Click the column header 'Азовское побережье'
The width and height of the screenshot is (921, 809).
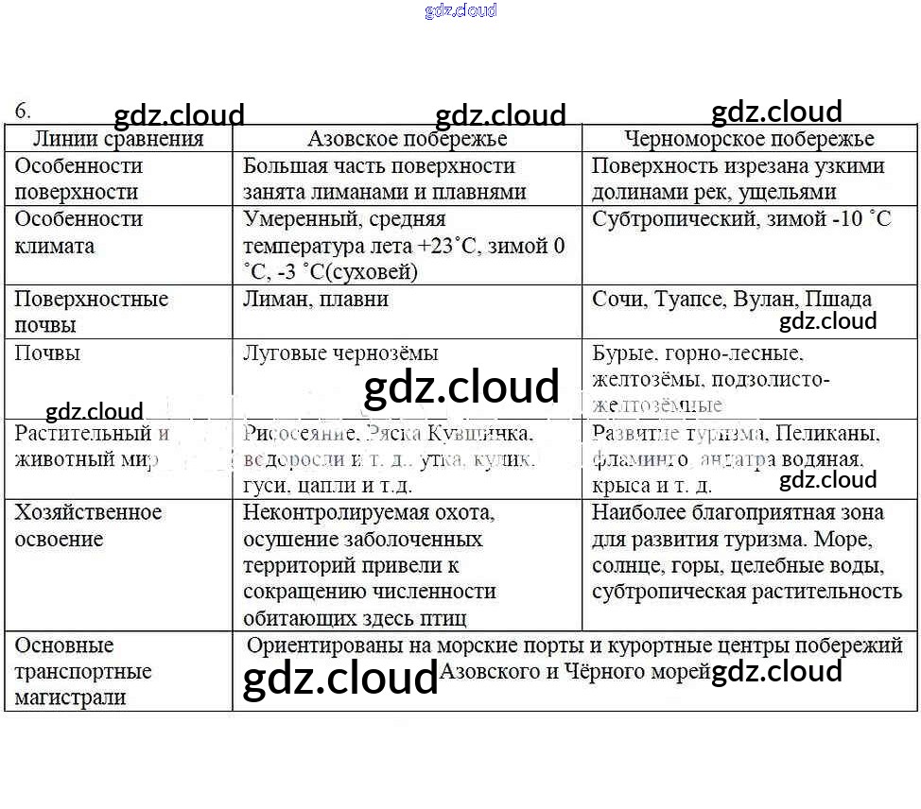407,139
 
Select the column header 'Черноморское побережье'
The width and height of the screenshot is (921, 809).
749,139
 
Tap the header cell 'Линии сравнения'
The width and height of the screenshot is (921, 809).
118,139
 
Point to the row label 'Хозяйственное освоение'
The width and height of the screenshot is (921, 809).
88,525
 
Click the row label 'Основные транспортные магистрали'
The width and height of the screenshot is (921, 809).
83,672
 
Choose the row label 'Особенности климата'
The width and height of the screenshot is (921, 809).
78,232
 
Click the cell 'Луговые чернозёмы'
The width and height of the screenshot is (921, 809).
340,353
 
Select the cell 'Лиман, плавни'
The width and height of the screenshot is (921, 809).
316,299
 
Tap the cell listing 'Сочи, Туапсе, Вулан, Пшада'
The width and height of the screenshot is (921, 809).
732,299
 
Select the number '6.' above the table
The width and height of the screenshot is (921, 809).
23,111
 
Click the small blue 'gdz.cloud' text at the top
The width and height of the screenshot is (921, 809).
460,11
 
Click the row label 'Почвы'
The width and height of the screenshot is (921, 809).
47,353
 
